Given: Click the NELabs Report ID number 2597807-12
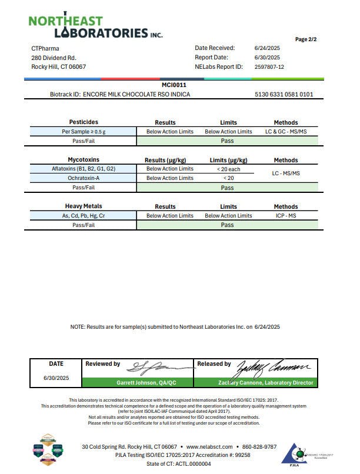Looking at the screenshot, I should [269, 67].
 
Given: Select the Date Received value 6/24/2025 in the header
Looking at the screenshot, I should [266, 48].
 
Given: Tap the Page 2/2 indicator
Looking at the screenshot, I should [306, 39].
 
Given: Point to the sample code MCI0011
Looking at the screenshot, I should [174, 85].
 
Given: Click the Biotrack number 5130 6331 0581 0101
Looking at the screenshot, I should [284, 94].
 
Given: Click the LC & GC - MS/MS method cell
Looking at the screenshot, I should [286, 132].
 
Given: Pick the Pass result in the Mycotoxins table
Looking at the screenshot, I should [227, 188].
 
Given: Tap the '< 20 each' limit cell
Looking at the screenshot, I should [228, 169].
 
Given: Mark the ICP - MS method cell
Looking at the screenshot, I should [286, 216].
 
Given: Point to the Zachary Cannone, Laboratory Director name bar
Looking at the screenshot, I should [256, 383].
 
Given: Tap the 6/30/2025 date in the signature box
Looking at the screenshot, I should [56, 378].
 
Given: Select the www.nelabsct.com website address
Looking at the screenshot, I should [209, 447].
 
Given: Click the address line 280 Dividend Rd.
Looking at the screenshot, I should [54, 58].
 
